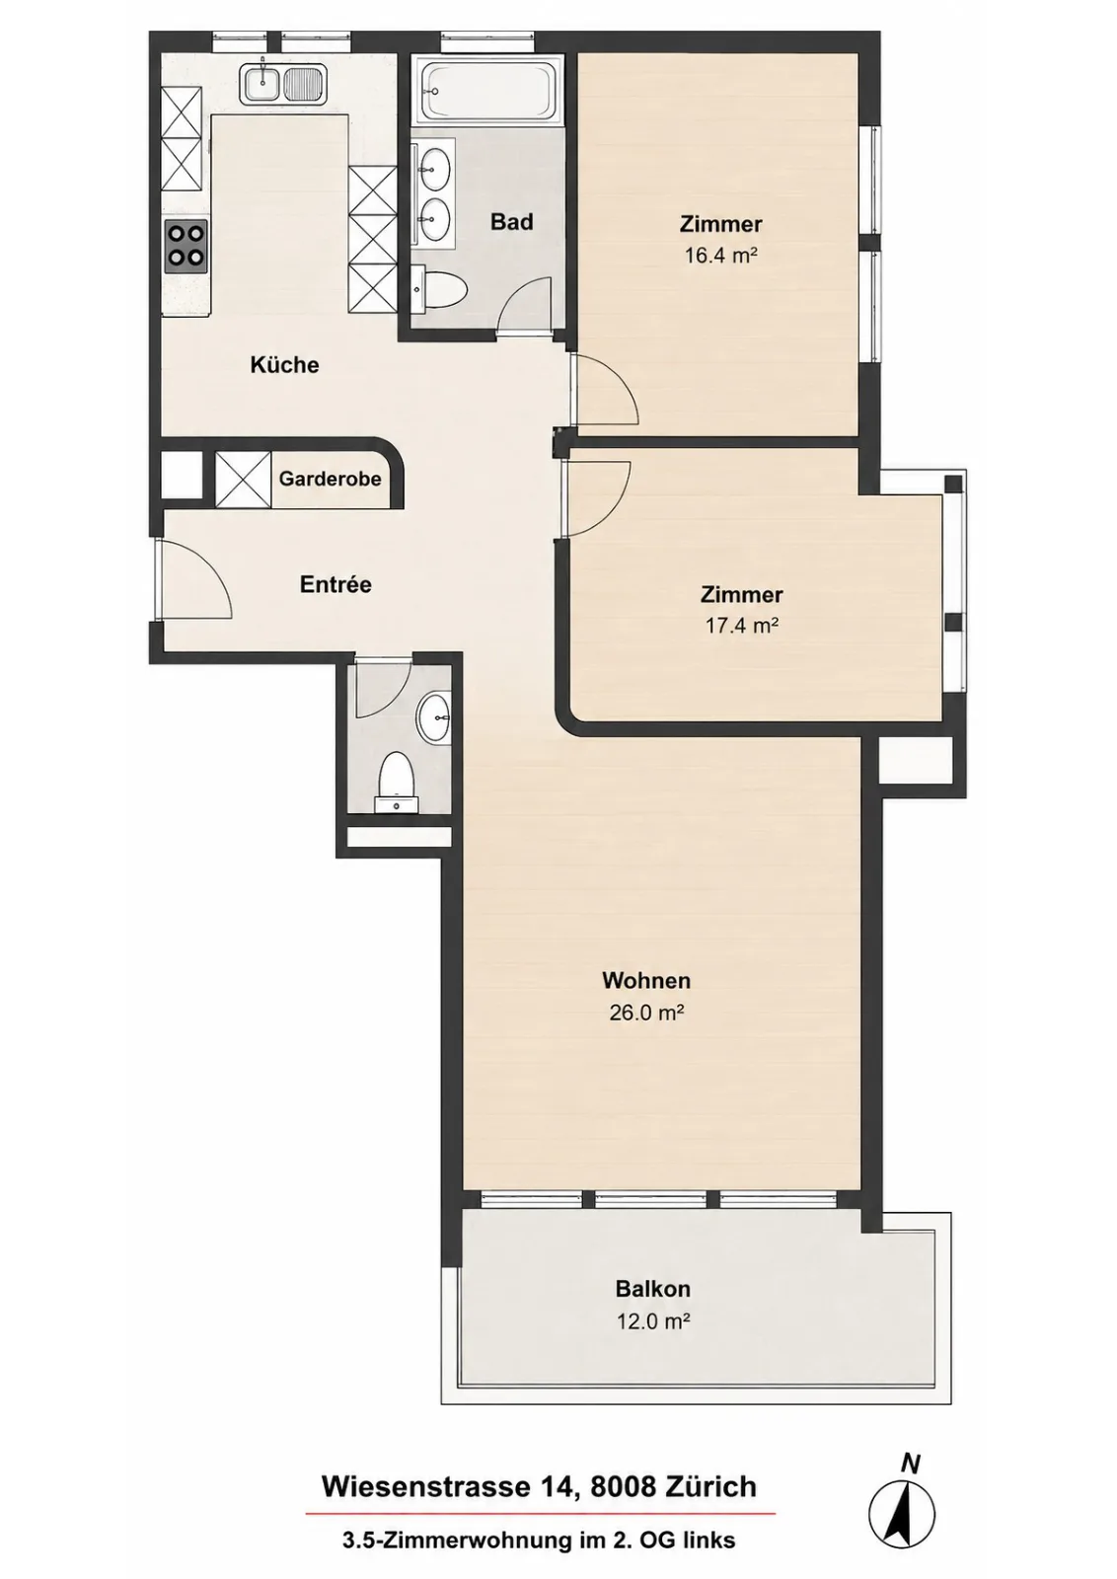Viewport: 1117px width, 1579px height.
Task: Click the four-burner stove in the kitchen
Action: pos(186,246)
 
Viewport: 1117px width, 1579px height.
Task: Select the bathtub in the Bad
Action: pos(487,89)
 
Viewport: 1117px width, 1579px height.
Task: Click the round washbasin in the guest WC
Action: pos(435,717)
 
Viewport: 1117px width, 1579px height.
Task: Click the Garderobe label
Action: pos(330,479)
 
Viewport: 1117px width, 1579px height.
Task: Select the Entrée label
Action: pos(335,584)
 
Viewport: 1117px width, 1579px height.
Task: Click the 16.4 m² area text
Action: pos(721,255)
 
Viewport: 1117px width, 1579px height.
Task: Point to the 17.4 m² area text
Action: pos(741,625)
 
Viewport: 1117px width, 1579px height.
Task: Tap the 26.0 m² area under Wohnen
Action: pos(647,1013)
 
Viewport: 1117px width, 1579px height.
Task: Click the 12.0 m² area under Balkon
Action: pos(652,1320)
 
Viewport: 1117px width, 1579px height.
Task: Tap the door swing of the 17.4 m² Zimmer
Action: pos(596,499)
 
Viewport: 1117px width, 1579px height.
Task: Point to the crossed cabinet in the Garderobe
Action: pos(243,480)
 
